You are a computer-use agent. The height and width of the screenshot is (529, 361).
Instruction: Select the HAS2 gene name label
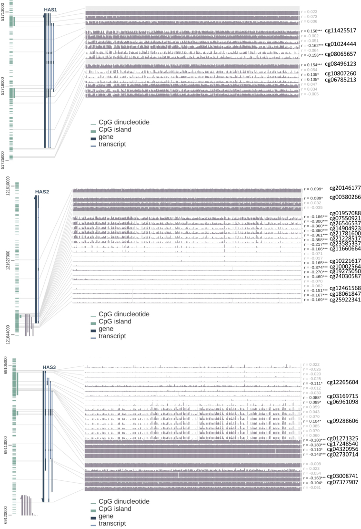point(42,192)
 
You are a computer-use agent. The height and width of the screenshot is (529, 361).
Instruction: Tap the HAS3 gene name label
point(49,367)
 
